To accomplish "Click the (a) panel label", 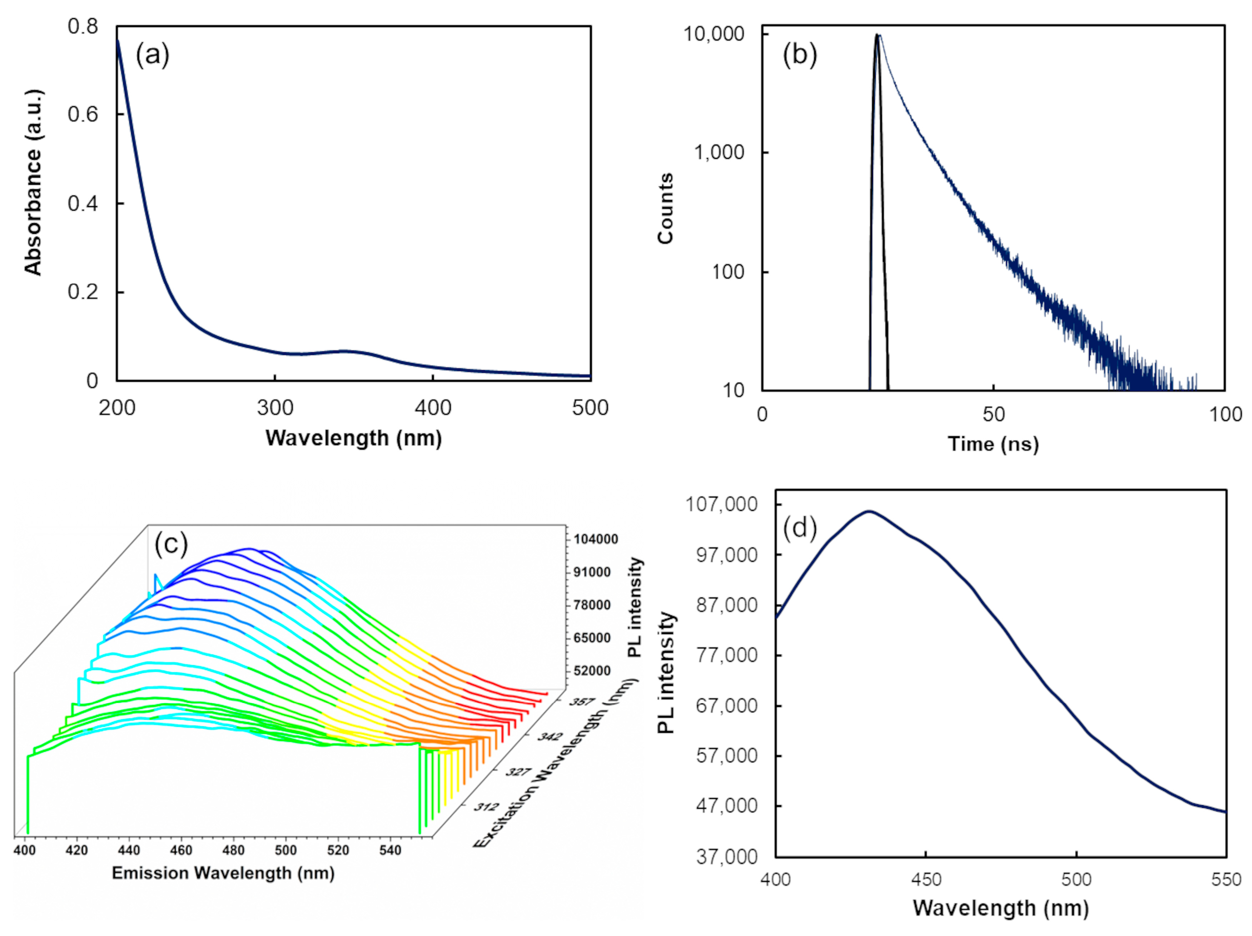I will (x=152, y=55).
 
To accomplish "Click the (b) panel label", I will (x=799, y=55).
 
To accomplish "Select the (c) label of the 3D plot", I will (x=171, y=544).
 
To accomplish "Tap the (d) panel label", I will (x=799, y=528).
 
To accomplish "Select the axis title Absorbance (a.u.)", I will (x=34, y=182).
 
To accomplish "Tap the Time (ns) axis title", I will (x=993, y=444).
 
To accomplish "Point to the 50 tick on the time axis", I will (x=993, y=415).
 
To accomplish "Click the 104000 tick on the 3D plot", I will (x=595, y=539).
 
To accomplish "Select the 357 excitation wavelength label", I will (x=582, y=702).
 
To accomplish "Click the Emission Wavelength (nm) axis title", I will (x=223, y=873).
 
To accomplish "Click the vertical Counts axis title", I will (x=666, y=208).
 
